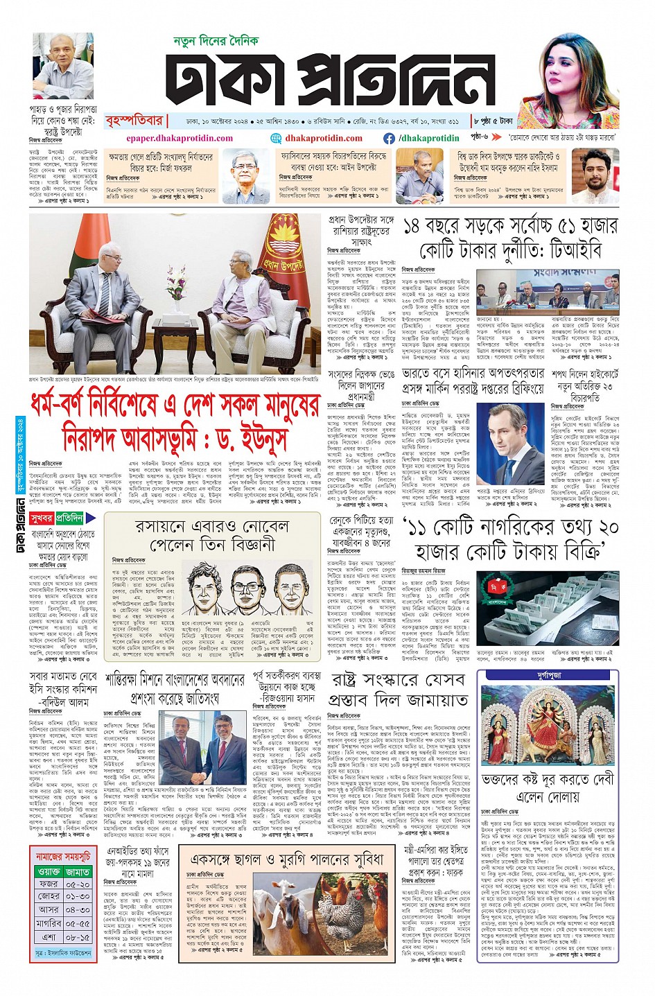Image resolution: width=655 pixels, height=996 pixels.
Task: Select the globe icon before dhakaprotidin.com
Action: pos(277,138)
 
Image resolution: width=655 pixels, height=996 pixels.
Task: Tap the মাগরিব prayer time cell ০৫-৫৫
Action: pos(78,923)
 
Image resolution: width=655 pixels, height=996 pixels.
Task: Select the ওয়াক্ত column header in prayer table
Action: pos(49,872)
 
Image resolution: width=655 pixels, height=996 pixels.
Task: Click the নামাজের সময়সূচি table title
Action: pos(63,857)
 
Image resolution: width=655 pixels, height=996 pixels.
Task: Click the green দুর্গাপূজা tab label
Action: pos(548,674)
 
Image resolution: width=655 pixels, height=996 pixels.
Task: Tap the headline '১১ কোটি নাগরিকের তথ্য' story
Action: pos(510,539)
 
